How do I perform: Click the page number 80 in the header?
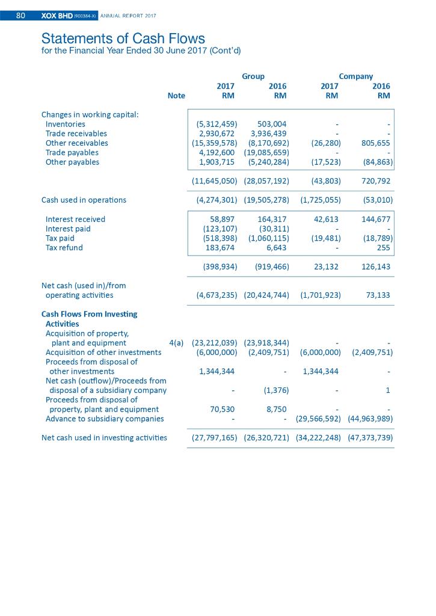(20, 16)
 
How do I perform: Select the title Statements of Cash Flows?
(123, 40)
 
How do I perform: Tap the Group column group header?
(253, 76)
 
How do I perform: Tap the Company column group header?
(355, 76)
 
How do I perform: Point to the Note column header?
(176, 96)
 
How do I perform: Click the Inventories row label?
(65, 124)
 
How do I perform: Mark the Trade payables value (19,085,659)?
(267, 153)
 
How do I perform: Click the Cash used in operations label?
(84, 200)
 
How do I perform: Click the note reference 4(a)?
(176, 343)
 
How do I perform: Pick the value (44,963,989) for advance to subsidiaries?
(370, 419)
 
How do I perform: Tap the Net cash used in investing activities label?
(104, 438)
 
